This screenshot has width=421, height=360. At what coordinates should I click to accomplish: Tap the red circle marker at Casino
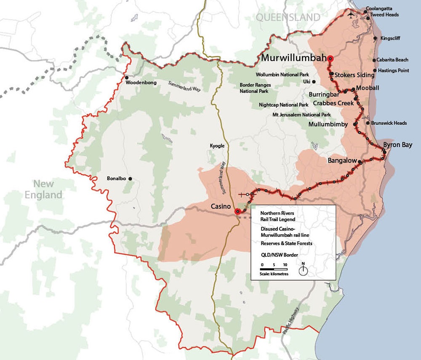(x=237, y=212)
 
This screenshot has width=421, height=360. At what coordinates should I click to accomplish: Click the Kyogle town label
(x=217, y=146)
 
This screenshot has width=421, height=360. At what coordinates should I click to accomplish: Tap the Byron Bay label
(x=397, y=145)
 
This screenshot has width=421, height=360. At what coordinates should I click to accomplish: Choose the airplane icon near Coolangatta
(x=351, y=15)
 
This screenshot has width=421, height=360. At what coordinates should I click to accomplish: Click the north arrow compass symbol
(x=303, y=270)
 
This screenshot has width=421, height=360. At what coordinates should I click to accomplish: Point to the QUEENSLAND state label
(x=288, y=17)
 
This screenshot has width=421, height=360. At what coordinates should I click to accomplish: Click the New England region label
(x=48, y=189)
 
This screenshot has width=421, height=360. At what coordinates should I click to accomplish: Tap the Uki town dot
(x=314, y=82)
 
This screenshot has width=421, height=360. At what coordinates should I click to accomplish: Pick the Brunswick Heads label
(x=389, y=123)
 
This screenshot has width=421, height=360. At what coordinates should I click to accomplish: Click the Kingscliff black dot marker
(x=375, y=38)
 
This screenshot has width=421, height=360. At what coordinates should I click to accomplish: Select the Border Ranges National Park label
(x=255, y=87)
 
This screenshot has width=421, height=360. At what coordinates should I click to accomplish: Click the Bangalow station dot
(x=360, y=161)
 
